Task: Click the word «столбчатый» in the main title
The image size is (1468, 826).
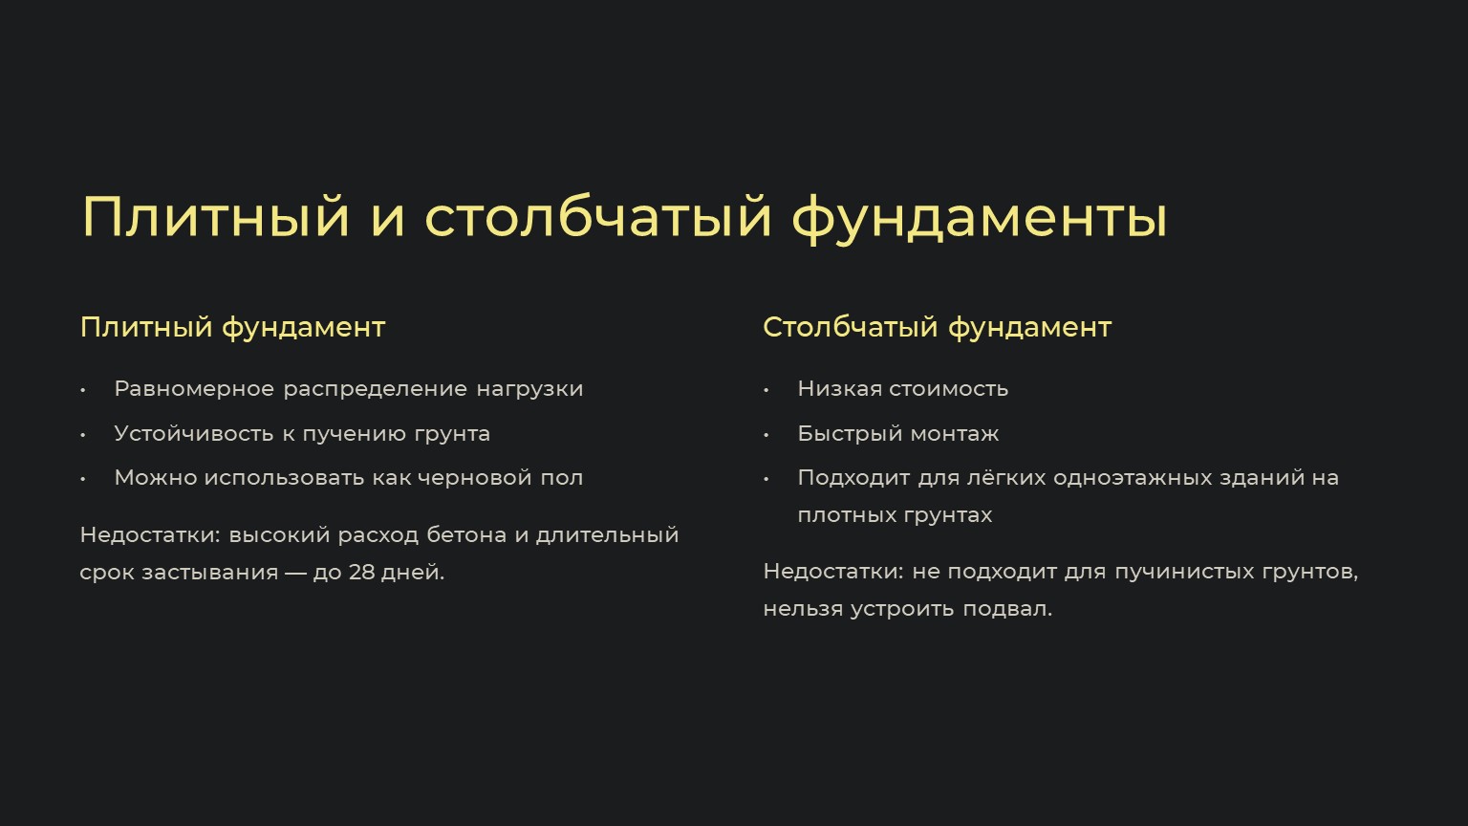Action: (x=598, y=217)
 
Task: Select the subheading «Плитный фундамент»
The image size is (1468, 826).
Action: (x=232, y=327)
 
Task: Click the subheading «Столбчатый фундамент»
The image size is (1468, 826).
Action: (x=938, y=327)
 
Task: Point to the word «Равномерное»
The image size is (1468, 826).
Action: (x=194, y=389)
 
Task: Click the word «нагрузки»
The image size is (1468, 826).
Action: (x=529, y=389)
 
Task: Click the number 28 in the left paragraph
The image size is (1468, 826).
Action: (x=361, y=573)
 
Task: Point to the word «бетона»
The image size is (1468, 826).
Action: (x=466, y=535)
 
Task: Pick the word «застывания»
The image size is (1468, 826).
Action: (x=210, y=573)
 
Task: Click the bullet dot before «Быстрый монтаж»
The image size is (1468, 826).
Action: (x=766, y=435)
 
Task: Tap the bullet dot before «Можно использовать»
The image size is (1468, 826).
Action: (x=82, y=479)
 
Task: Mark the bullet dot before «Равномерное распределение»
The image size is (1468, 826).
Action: (x=82, y=390)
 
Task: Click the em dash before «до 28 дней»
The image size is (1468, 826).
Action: (x=295, y=573)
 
